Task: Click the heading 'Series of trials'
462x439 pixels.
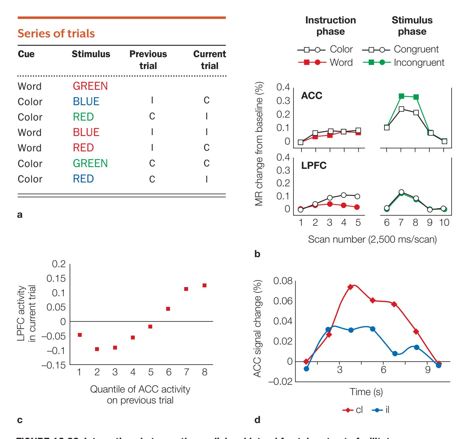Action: tap(56, 33)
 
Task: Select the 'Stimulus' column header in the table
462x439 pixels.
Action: tap(91, 54)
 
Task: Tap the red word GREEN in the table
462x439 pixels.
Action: tap(90, 86)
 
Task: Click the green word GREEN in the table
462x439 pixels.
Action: tap(90, 163)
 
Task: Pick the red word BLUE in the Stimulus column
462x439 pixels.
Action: tap(86, 132)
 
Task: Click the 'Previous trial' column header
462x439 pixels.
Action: tap(148, 60)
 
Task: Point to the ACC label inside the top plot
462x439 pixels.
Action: tap(312, 95)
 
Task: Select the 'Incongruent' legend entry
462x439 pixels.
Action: tap(419, 63)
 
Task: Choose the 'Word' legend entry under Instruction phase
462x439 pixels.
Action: tap(341, 63)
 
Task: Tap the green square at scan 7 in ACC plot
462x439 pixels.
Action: tap(401, 96)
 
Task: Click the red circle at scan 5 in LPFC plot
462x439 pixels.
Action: tap(357, 207)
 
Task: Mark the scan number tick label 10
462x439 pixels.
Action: tap(444, 222)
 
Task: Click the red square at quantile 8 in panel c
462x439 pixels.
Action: tap(204, 286)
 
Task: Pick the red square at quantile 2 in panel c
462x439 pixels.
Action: tap(97, 349)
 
